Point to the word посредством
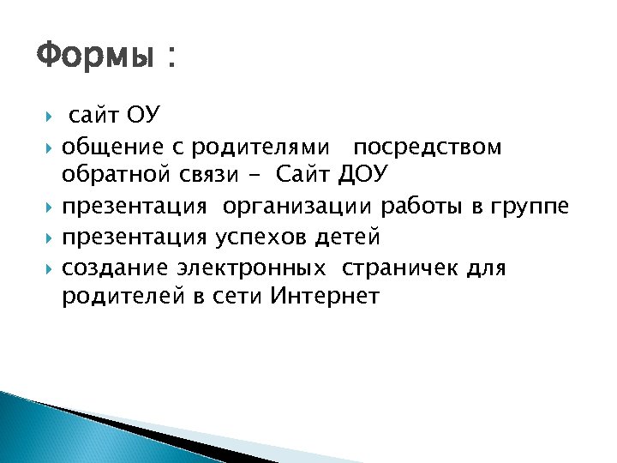pyautogui.click(x=428, y=147)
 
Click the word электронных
pyautogui.click(x=251, y=268)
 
